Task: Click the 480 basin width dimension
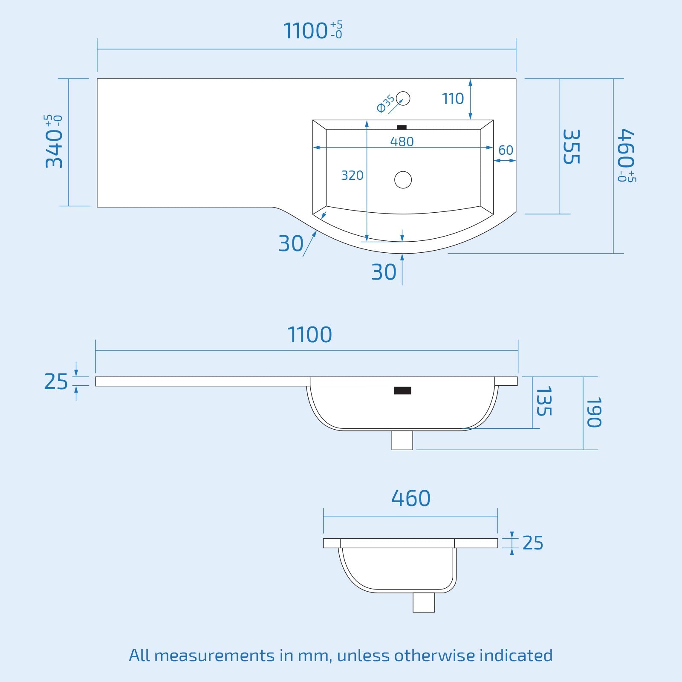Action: click(x=402, y=142)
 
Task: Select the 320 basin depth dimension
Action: click(x=352, y=175)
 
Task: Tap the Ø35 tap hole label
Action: click(x=386, y=104)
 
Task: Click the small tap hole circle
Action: click(x=403, y=98)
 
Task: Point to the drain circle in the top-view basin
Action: click(x=403, y=179)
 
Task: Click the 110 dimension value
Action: click(x=453, y=99)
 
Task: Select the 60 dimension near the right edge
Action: click(x=506, y=150)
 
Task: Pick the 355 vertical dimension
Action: click(x=571, y=147)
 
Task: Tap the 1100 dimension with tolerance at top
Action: click(x=312, y=31)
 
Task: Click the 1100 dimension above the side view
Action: click(x=310, y=335)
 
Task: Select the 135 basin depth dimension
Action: click(x=544, y=401)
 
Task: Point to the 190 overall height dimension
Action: click(x=594, y=412)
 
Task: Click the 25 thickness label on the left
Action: click(x=56, y=381)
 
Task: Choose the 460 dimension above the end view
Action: click(x=411, y=498)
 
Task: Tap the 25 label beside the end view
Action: click(x=533, y=543)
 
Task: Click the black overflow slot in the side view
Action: click(x=402, y=390)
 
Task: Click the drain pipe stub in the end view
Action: click(x=424, y=602)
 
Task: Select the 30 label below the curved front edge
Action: click(x=384, y=272)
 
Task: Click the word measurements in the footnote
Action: click(x=214, y=656)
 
